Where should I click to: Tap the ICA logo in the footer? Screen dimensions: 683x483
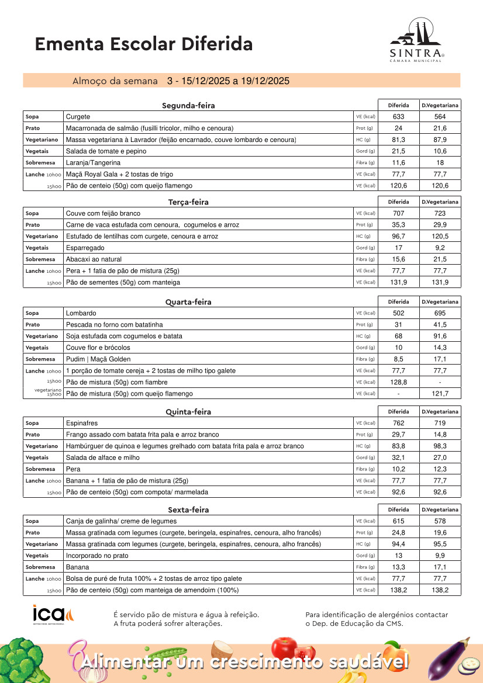pos(53,615)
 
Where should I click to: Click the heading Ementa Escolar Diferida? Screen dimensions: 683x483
pos(144,44)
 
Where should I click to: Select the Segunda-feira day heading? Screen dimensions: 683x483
pos(188,106)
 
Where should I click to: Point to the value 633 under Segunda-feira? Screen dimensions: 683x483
pos(399,117)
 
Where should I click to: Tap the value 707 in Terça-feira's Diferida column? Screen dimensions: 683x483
pos(399,213)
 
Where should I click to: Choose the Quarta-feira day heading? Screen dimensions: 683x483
pos(188,302)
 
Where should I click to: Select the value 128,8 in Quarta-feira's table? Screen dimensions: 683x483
pos(399,382)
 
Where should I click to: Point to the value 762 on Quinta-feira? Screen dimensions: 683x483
pos(399,423)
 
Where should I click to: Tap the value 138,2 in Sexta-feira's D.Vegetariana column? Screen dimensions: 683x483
pos(440,590)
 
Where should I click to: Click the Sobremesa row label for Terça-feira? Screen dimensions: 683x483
pos(40,259)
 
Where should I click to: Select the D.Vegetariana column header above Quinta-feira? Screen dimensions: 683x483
pos(440,411)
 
